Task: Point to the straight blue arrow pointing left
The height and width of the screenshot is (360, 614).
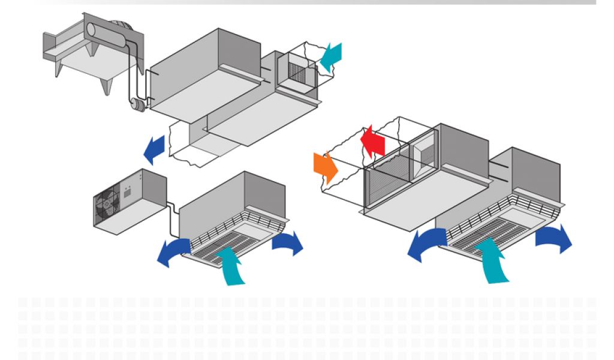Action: pos(155,149)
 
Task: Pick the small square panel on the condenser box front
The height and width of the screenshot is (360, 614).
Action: pos(128,193)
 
